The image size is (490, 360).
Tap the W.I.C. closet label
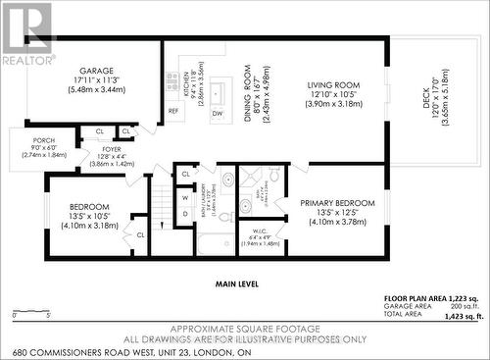click(259, 229)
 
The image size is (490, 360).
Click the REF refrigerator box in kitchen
click(174, 111)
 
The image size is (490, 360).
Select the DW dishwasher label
click(216, 114)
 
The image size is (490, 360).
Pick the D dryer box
click(184, 213)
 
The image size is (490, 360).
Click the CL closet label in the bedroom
click(140, 234)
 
